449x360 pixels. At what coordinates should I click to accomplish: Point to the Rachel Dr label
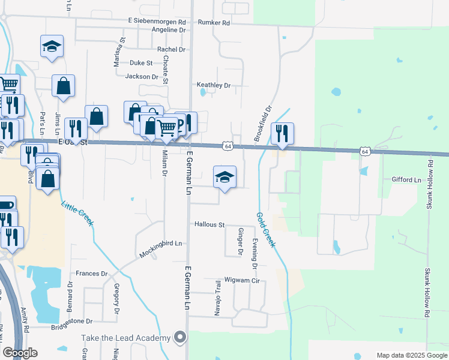172,49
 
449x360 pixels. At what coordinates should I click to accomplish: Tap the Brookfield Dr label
263,124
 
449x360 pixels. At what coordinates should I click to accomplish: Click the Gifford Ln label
406,179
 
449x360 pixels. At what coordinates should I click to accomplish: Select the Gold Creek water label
266,230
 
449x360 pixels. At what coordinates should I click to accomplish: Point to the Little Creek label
77,213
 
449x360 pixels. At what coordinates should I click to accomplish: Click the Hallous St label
209,224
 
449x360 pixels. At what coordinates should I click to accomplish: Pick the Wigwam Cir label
241,280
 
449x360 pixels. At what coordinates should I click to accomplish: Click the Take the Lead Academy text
126,338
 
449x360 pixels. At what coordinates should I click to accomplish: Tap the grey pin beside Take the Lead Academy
179,338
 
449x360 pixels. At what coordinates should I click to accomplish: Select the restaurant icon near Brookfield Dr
282,133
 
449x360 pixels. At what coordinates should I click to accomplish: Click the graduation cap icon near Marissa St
52,46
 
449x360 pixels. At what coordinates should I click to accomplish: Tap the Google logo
20,353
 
